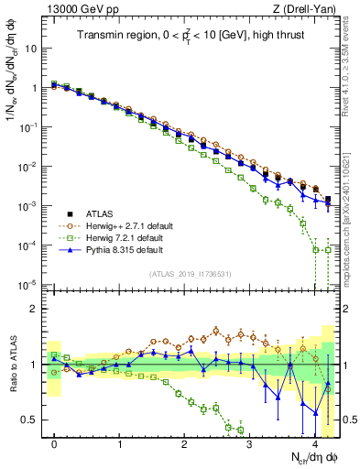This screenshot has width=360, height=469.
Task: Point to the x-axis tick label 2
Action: click(185, 443)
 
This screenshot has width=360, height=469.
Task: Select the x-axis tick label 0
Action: click(55, 443)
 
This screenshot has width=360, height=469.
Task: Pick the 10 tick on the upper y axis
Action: click(29, 48)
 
